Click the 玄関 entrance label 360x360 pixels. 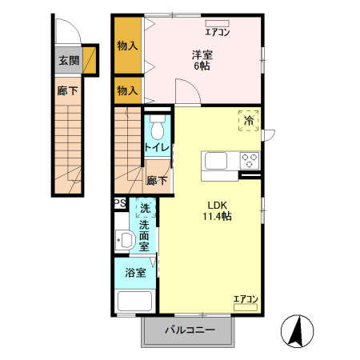pos(68,60)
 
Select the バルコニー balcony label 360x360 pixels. pos(190,330)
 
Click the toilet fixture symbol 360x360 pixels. pos(157,127)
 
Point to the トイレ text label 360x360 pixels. pos(156,148)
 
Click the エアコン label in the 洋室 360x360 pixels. pos(218,33)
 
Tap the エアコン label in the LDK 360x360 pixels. pos(246,299)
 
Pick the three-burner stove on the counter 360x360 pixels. pos(250,159)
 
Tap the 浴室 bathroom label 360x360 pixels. pos(135,273)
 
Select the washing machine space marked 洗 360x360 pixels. pos(145,209)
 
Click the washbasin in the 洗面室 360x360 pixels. pos(124,239)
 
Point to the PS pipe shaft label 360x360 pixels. pos(120,203)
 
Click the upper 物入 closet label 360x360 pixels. pos(127,46)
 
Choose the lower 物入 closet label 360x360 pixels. pos(127,90)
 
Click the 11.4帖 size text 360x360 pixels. pos(216,216)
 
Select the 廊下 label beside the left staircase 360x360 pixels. pos(67,91)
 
